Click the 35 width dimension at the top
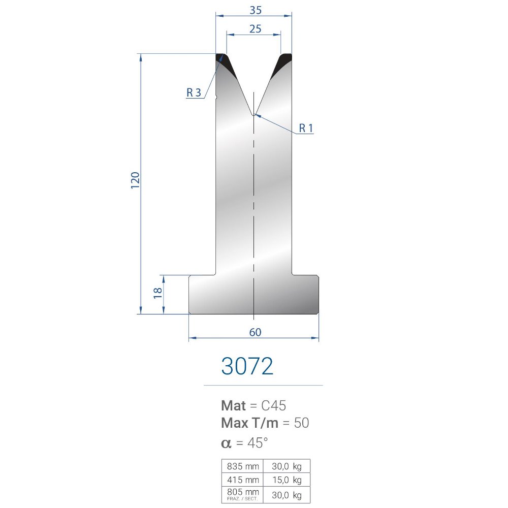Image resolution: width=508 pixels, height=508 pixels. (x=256, y=10)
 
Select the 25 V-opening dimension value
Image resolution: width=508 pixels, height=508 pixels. (x=256, y=29)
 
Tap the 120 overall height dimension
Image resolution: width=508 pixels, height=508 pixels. (x=135, y=180)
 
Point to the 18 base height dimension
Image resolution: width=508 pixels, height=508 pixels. (x=158, y=293)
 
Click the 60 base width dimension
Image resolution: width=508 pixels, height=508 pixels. (x=256, y=332)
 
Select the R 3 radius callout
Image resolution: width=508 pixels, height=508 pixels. (x=194, y=92)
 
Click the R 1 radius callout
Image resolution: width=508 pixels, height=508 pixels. (x=306, y=129)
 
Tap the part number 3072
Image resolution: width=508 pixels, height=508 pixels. (x=247, y=366)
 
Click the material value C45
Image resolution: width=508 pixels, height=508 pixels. (x=273, y=405)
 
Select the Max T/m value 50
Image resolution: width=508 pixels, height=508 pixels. (x=301, y=423)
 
